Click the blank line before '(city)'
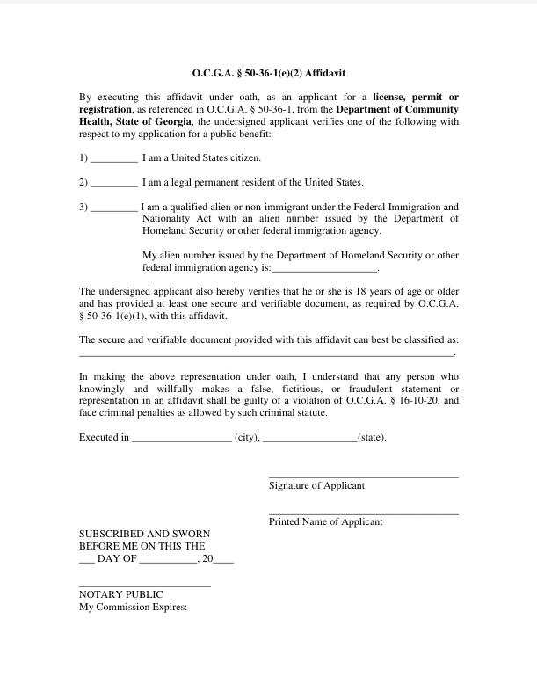click(x=181, y=440)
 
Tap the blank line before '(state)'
click(x=309, y=440)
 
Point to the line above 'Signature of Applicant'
click(x=363, y=477)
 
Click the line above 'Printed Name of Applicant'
click(x=363, y=513)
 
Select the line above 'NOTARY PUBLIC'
click(x=144, y=586)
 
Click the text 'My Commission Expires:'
click(x=134, y=607)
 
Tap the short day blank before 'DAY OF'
click(x=86, y=561)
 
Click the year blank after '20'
click(x=224, y=561)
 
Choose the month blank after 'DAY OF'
click(x=169, y=561)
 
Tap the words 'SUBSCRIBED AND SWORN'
click(x=144, y=533)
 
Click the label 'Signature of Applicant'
click(x=316, y=485)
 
